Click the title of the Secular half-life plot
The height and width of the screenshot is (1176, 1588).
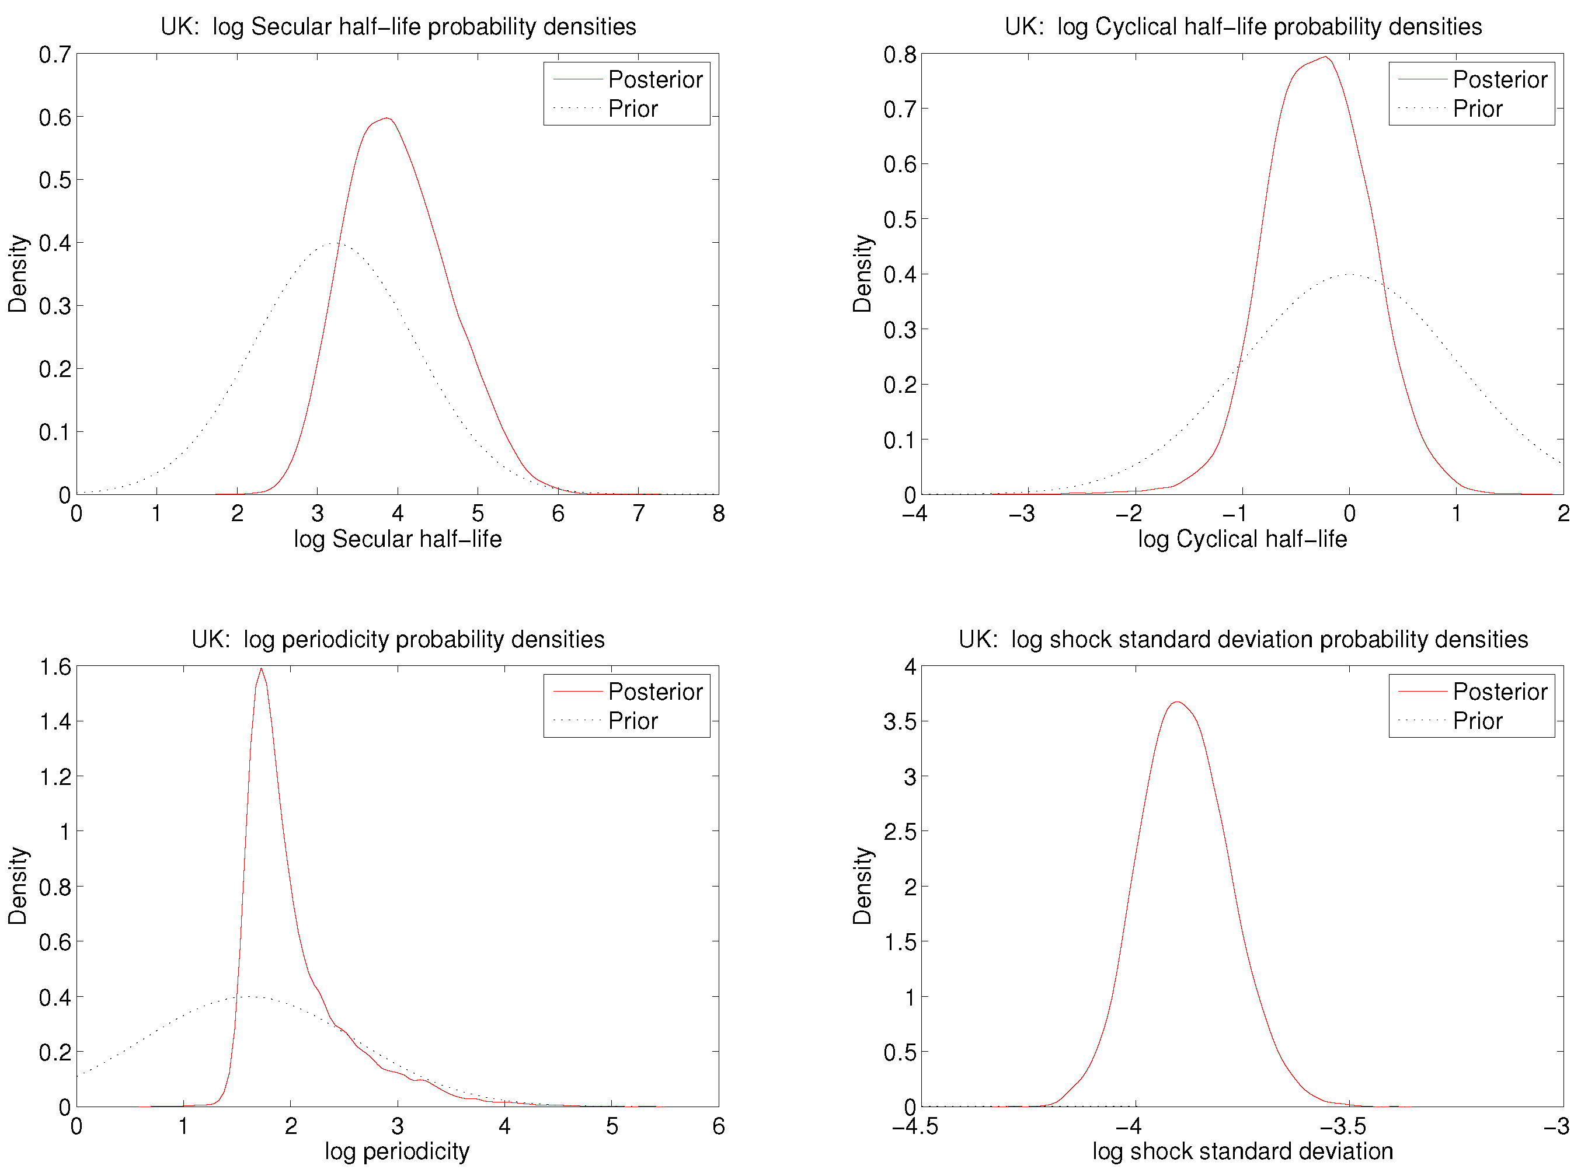click(398, 27)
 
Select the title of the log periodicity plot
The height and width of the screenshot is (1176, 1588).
click(398, 639)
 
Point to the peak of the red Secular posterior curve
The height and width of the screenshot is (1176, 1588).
click(386, 118)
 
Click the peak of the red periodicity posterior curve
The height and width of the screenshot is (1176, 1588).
click(262, 669)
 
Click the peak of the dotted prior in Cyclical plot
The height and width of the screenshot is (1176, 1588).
click(1350, 274)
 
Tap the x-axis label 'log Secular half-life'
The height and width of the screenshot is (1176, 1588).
click(398, 539)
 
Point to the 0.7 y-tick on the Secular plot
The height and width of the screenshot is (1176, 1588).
click(55, 55)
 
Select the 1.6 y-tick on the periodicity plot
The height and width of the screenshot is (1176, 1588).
click(55, 667)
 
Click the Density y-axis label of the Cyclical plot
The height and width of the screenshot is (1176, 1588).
click(862, 274)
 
